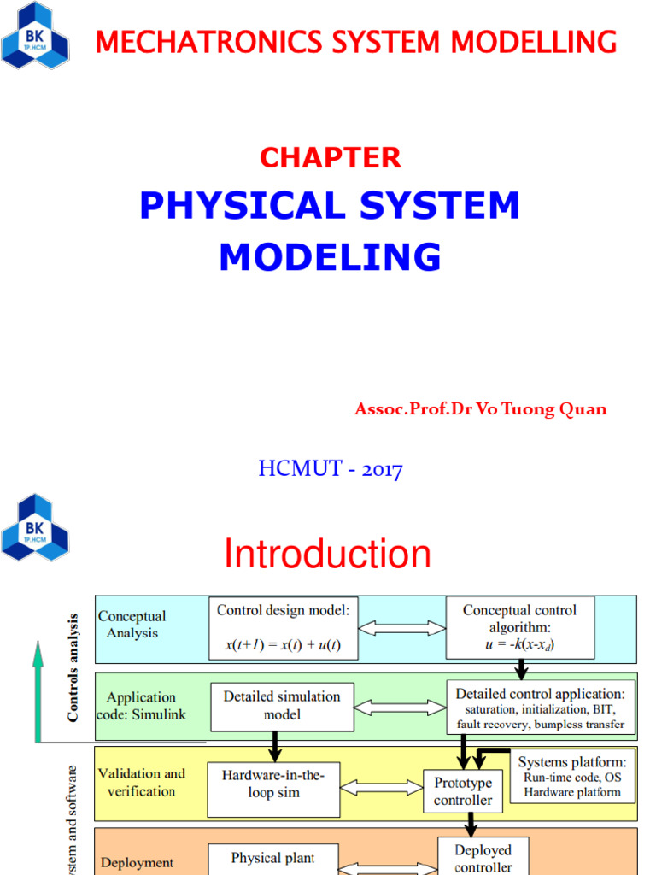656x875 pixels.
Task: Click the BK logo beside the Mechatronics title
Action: (35, 37)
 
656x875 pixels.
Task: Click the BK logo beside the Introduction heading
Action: (35, 527)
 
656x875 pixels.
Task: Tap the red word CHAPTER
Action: (331, 157)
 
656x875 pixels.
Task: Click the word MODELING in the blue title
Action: (331, 257)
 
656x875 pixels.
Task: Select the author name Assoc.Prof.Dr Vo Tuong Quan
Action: (481, 409)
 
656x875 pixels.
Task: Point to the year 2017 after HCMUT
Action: (381, 469)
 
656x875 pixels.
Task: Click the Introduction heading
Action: (327, 555)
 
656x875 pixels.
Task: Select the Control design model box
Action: (284, 628)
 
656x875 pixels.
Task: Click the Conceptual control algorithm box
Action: (519, 628)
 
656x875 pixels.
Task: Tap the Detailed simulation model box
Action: (282, 706)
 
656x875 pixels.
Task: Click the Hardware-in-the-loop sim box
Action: (272, 784)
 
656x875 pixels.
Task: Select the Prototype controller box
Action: (463, 792)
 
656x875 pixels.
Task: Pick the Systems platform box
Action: (573, 777)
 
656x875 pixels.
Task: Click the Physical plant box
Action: (272, 858)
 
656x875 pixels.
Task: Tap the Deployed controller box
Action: (483, 858)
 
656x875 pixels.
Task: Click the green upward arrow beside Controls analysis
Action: (38, 692)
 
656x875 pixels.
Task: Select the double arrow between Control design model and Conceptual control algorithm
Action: (401, 629)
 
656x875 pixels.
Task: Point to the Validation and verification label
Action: (142, 782)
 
